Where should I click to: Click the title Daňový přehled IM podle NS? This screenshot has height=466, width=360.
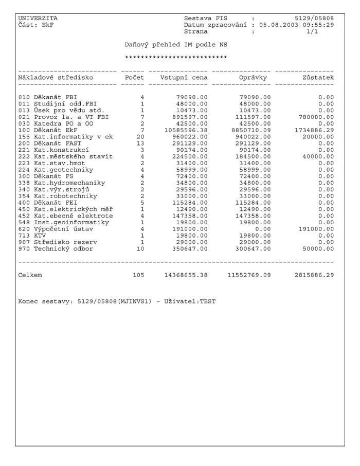click(176, 45)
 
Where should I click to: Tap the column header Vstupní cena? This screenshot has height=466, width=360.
click(184, 78)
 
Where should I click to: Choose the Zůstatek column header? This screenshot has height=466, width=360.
click(318, 78)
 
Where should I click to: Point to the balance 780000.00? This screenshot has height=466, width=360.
click(316, 117)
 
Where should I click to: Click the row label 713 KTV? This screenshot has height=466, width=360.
click(32, 236)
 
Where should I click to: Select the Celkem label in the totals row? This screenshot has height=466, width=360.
click(30, 275)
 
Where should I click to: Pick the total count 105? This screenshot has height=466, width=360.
click(138, 275)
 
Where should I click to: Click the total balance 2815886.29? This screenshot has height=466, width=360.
click(314, 275)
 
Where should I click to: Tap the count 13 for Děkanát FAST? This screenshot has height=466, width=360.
click(140, 144)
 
